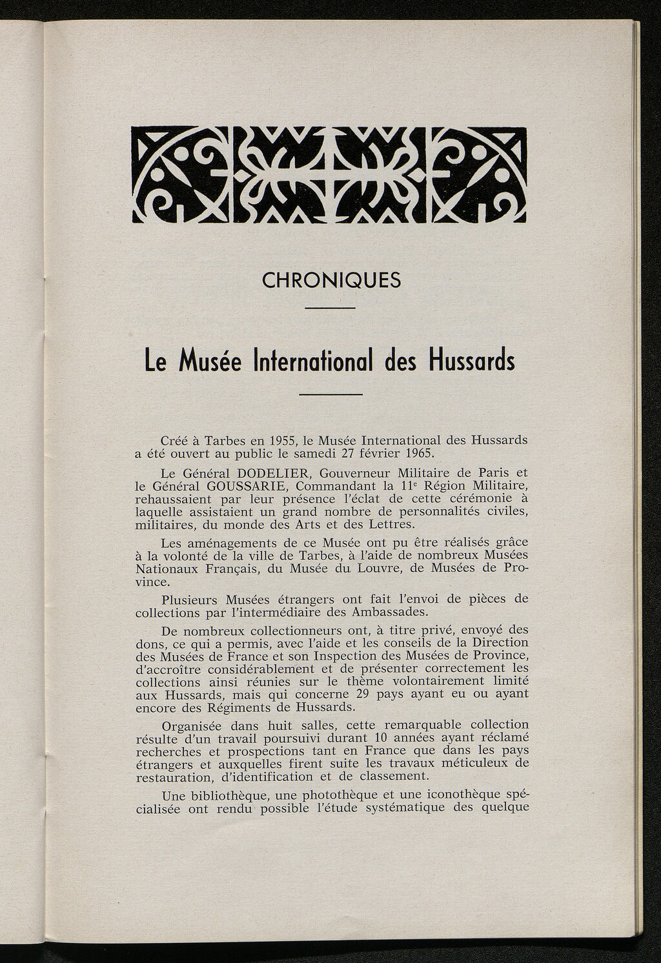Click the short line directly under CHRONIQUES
pos(329,308)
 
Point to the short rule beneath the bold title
pos(332,394)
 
